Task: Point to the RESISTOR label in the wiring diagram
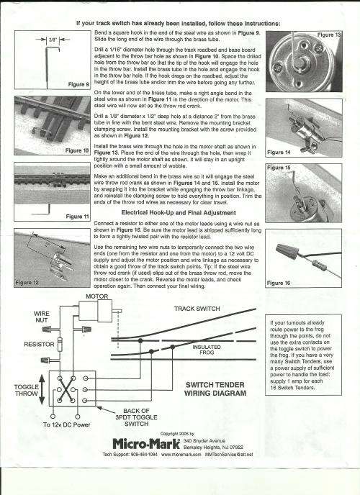pos(40,345)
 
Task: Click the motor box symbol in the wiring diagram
pos(96,311)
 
